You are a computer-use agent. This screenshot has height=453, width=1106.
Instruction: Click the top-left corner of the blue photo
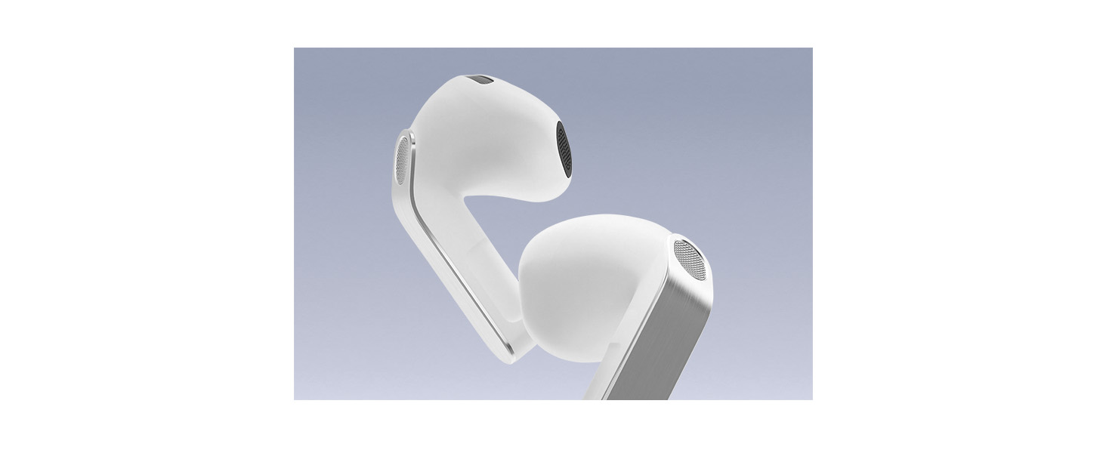[295, 48]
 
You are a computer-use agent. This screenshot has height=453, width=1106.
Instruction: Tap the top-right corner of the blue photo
[812, 48]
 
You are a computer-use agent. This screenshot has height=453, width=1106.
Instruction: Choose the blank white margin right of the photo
[959, 226]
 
